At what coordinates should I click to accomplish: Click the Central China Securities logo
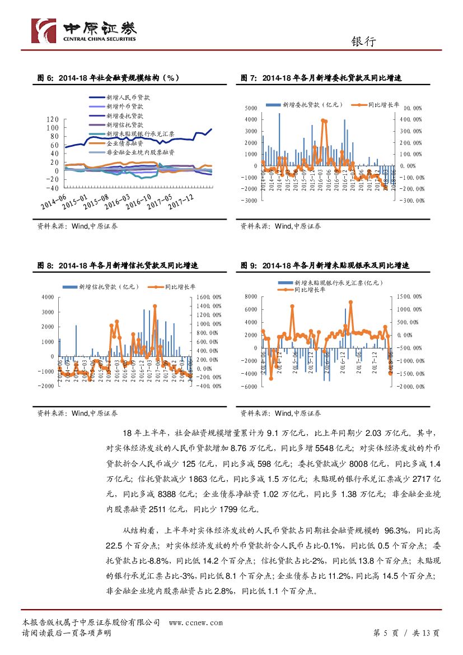click(x=84, y=31)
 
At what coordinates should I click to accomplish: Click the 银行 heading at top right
click(x=363, y=41)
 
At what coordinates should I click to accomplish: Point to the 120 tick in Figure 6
click(x=53, y=119)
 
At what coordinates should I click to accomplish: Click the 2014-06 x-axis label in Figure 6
click(x=53, y=200)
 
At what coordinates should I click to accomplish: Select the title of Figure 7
click(x=321, y=78)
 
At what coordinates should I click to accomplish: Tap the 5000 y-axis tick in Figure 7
click(x=251, y=108)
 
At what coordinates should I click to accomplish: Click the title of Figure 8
click(x=118, y=265)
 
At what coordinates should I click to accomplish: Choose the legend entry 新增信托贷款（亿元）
click(x=106, y=287)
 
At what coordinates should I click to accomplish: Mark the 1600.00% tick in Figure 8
click(x=208, y=297)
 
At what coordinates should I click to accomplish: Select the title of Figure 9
click(x=325, y=265)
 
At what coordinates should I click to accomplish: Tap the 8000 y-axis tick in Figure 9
click(x=251, y=296)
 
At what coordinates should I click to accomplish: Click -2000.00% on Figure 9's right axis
click(x=411, y=387)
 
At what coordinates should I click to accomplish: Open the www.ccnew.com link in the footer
click(x=195, y=623)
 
